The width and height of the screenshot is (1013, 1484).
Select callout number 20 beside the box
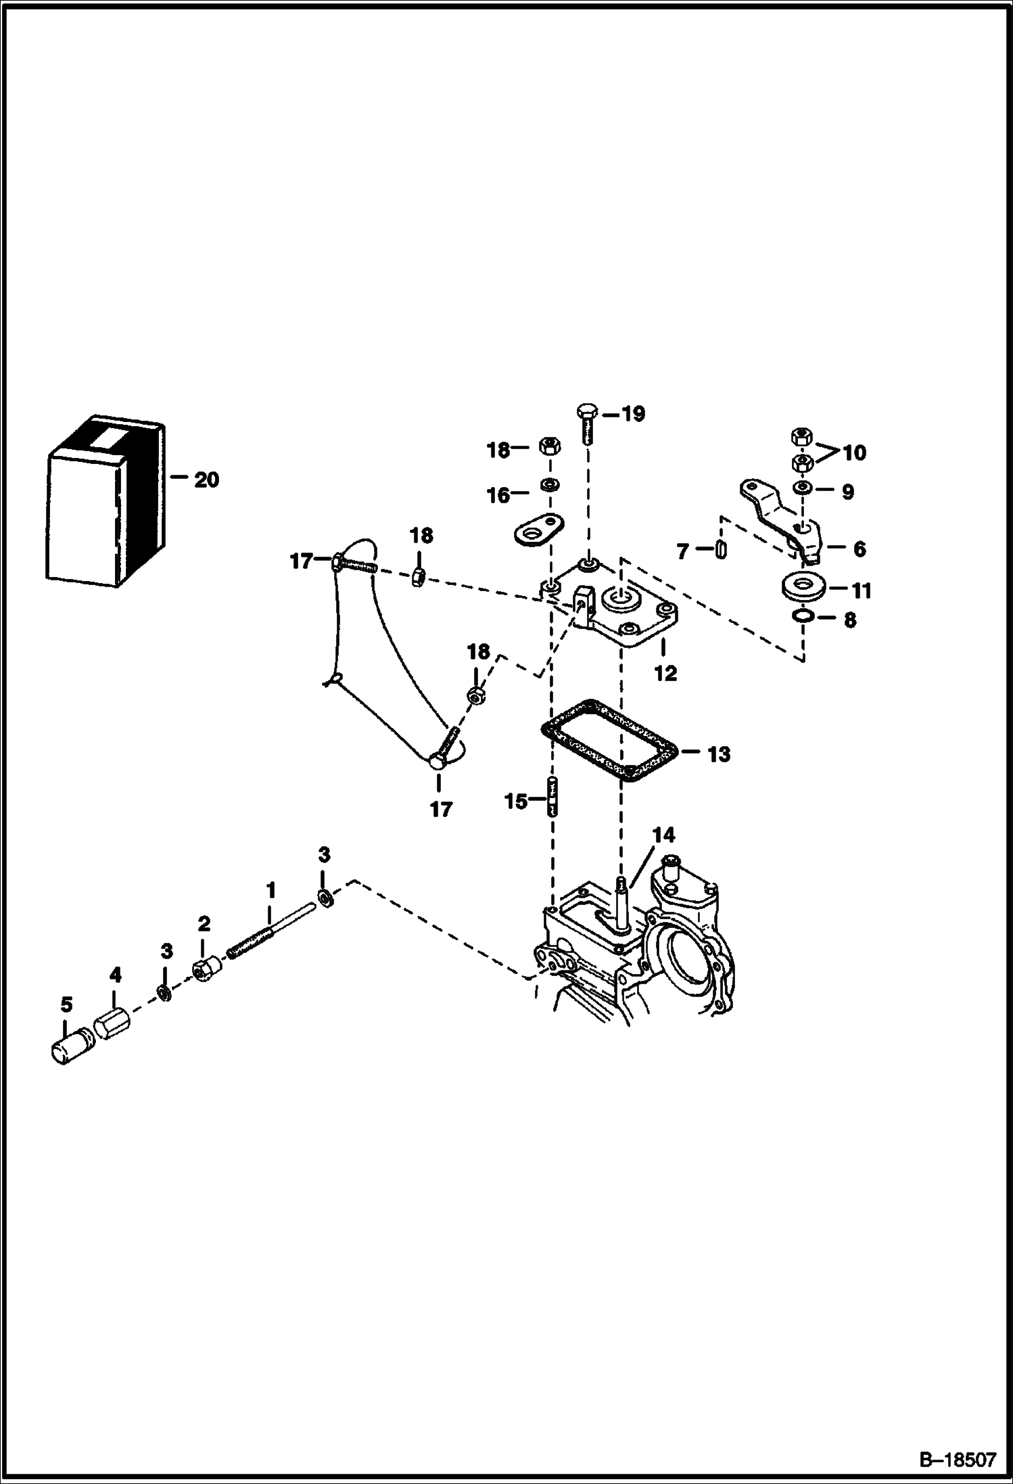(x=206, y=480)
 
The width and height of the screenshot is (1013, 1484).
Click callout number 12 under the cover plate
(x=666, y=674)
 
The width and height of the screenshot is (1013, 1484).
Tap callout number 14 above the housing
(x=663, y=835)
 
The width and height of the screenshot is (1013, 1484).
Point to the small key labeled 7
(x=721, y=549)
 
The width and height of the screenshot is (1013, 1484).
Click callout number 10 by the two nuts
(x=854, y=452)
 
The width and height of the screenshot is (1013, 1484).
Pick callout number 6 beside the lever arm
(x=859, y=549)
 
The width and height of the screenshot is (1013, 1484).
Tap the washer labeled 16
(x=550, y=485)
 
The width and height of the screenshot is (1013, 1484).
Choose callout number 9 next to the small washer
(x=847, y=492)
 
